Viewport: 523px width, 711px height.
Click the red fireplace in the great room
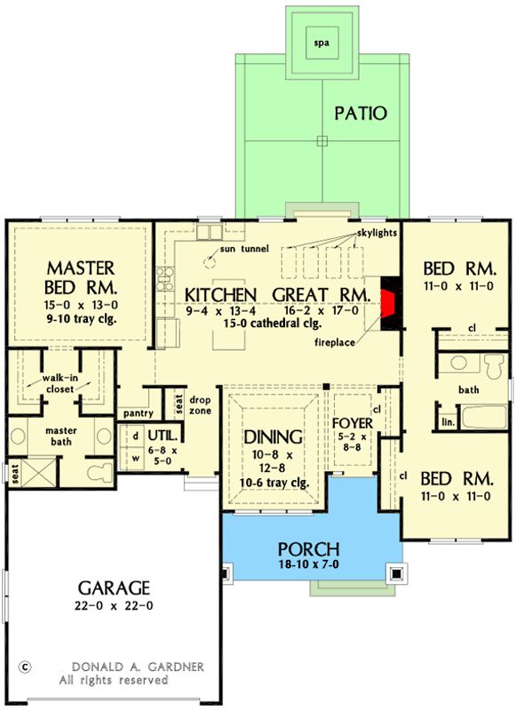tap(388, 303)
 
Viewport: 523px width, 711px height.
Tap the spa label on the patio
tap(321, 44)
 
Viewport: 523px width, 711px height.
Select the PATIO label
tap(361, 114)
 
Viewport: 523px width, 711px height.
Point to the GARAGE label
tap(114, 588)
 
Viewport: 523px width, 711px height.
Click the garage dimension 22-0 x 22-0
tap(114, 606)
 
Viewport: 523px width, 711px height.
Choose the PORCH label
tap(309, 549)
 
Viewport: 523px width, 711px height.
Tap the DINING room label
tap(273, 436)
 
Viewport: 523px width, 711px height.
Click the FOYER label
tap(353, 424)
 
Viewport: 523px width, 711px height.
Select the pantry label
tap(139, 413)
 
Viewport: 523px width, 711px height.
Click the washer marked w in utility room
tap(136, 459)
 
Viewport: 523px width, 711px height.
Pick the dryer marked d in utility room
tap(136, 436)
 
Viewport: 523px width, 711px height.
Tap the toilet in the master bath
tap(99, 472)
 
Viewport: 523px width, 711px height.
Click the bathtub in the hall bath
tap(484, 417)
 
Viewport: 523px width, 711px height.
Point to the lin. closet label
tap(448, 423)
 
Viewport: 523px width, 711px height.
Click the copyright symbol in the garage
tap(25, 667)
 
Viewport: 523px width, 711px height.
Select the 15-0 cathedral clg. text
tap(273, 324)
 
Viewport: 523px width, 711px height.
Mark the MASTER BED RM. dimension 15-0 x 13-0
tap(82, 305)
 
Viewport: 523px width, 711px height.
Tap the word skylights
tap(376, 233)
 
